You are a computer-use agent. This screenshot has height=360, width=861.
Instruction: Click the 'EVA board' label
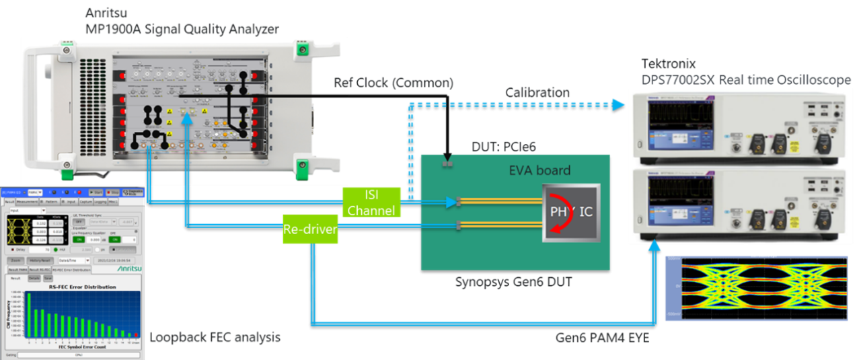pyautogui.click(x=539, y=170)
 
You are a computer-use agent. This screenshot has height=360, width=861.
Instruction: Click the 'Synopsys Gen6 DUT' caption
pyautogui.click(x=514, y=282)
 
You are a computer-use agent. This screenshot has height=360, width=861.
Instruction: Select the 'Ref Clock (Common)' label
pyautogui.click(x=394, y=83)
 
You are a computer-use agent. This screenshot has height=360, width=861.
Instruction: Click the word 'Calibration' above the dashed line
pyautogui.click(x=537, y=92)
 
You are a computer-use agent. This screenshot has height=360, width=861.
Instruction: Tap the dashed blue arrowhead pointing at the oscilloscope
pyautogui.click(x=619, y=104)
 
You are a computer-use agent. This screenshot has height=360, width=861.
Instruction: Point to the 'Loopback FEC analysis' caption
pyautogui.click(x=215, y=337)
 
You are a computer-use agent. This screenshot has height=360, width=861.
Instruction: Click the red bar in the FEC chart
pyautogui.click(x=135, y=334)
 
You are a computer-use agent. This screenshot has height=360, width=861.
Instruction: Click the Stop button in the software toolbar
pyautogui.click(x=114, y=192)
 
